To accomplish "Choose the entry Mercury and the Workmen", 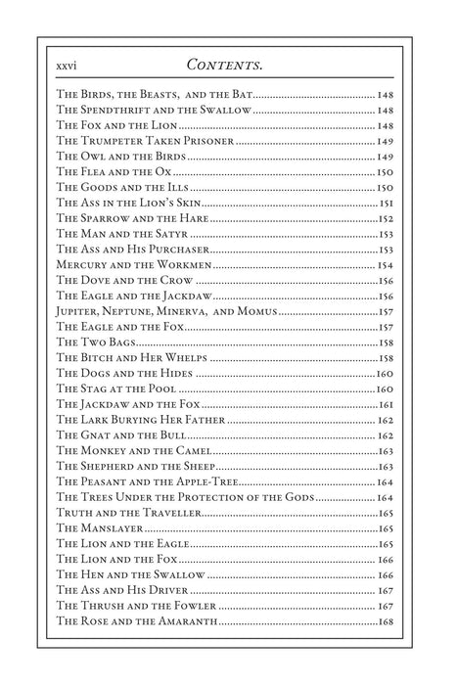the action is point(133,265).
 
